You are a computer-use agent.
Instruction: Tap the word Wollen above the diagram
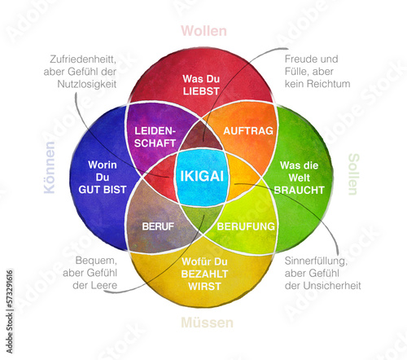point(203,31)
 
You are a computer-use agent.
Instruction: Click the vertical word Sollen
point(353,173)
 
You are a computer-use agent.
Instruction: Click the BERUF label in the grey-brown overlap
point(158,226)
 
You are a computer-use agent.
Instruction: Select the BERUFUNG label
point(247,226)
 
